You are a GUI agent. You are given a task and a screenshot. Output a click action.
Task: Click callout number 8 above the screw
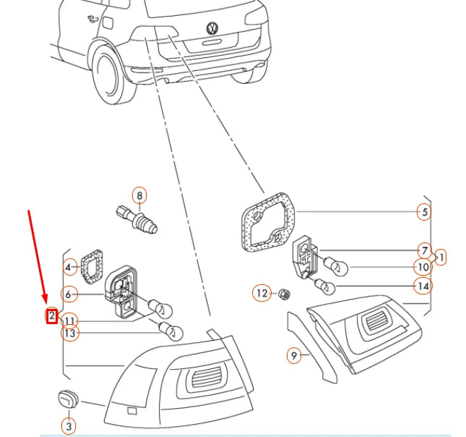click(139, 195)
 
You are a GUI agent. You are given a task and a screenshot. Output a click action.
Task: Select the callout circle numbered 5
click(423, 212)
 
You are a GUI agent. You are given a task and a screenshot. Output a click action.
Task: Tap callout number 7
click(424, 251)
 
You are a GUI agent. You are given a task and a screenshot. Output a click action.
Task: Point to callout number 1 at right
click(441, 256)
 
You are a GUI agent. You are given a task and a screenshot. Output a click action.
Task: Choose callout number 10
click(423, 267)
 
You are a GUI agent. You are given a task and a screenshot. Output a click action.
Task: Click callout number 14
click(423, 286)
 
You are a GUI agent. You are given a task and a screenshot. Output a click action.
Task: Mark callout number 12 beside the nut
click(261, 293)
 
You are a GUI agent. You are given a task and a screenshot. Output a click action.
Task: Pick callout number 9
click(293, 355)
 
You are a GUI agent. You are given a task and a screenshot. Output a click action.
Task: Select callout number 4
click(69, 268)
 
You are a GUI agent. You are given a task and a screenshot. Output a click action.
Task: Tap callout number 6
click(69, 294)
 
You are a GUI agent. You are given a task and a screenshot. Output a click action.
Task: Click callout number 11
click(69, 321)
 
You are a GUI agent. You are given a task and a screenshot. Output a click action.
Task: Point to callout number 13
click(69, 333)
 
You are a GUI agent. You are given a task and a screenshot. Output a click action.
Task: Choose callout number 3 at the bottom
click(69, 427)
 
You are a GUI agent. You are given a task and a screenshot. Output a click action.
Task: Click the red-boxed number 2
click(52, 315)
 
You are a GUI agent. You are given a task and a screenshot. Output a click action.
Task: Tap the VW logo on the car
click(212, 29)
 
